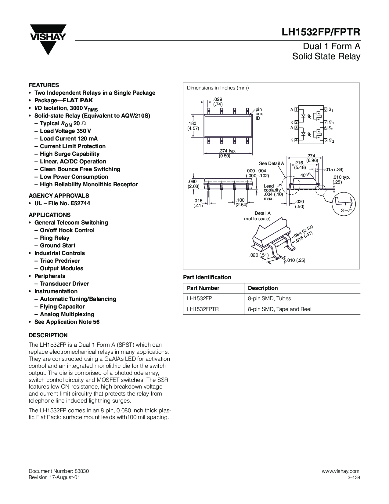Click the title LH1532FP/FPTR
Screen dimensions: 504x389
point(321,32)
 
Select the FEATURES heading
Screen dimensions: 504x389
point(44,85)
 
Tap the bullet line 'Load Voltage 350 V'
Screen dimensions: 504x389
point(65,131)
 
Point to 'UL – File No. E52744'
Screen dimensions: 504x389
point(62,203)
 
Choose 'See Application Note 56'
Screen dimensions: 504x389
point(67,322)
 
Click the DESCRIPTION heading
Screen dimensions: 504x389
point(48,335)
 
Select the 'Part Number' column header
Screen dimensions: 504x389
point(203,288)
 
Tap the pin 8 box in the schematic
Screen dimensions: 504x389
point(326,109)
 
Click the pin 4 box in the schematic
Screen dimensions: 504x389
point(296,140)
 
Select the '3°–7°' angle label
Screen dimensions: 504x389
point(346,210)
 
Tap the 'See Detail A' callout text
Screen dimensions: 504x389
point(271,163)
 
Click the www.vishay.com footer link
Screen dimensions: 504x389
point(340,471)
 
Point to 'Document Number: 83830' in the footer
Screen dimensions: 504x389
point(59,471)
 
